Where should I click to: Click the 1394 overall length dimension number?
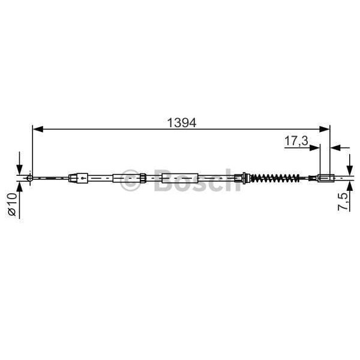(181, 122)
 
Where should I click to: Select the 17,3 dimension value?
(296, 142)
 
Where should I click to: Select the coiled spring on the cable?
(273, 178)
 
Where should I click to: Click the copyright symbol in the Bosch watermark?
(131, 181)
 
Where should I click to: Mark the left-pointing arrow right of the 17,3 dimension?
(336, 146)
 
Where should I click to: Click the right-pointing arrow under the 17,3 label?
(315, 146)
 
